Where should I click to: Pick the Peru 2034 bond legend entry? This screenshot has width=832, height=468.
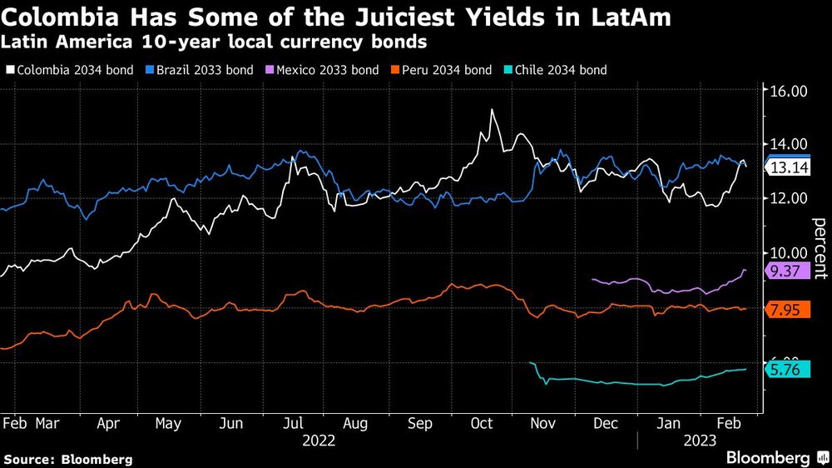coord(449,70)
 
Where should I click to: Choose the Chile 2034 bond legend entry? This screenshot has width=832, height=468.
coord(562,70)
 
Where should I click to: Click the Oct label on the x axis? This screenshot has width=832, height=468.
coord(483,423)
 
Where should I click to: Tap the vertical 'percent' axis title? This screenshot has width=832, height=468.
coord(819,246)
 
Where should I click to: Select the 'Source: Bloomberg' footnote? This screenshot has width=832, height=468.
coord(68,459)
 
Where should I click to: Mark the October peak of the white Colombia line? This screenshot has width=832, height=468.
coord(493,110)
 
